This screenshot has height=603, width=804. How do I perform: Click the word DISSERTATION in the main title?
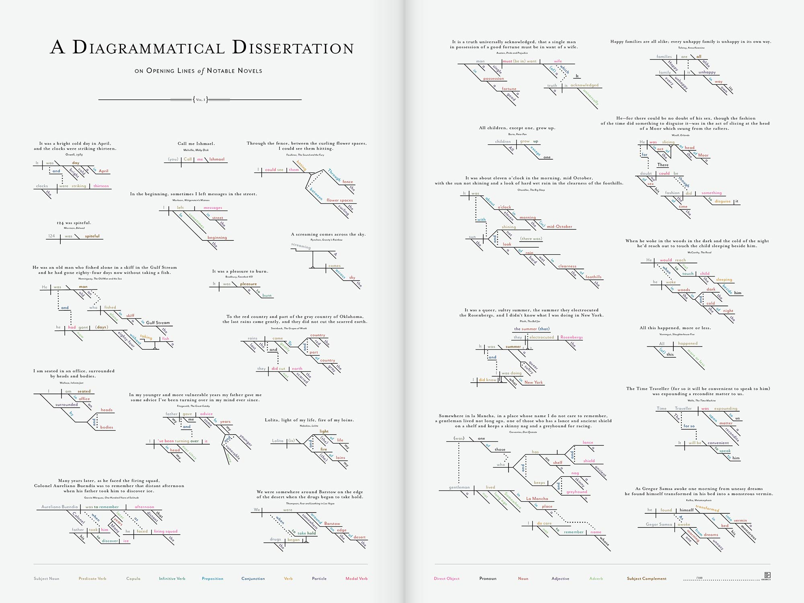pos(293,48)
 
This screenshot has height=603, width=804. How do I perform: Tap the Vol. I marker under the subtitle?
pos(200,100)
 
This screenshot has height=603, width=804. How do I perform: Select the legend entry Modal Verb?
pos(357,578)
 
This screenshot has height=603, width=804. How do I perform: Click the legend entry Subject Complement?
pos(646,578)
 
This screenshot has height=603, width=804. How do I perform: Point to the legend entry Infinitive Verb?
pos(172,578)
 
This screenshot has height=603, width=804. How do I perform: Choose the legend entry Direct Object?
pos(447,578)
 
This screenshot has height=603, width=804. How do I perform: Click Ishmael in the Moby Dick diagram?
pos(217,159)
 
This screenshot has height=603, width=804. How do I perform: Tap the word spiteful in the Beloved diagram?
pos(92,236)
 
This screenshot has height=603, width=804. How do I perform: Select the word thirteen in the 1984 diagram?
pos(101,186)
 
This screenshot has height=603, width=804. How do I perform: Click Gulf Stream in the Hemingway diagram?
pos(158,322)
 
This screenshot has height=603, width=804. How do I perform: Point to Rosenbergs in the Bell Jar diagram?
pos(571,337)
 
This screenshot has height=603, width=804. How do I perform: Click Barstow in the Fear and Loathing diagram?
pos(332,523)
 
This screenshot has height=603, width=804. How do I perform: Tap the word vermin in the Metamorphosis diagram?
pos(740,520)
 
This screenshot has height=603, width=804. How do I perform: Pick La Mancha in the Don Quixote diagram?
pos(537,498)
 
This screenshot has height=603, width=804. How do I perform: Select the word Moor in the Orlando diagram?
pos(703,155)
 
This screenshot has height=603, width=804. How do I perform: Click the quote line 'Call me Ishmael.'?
pos(196,144)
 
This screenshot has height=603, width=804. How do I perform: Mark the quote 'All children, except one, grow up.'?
pos(517,128)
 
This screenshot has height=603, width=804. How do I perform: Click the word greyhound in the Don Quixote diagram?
pos(576,492)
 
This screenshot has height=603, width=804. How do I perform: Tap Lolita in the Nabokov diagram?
pos(277,441)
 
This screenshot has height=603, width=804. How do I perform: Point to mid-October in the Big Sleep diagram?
pos(559,226)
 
